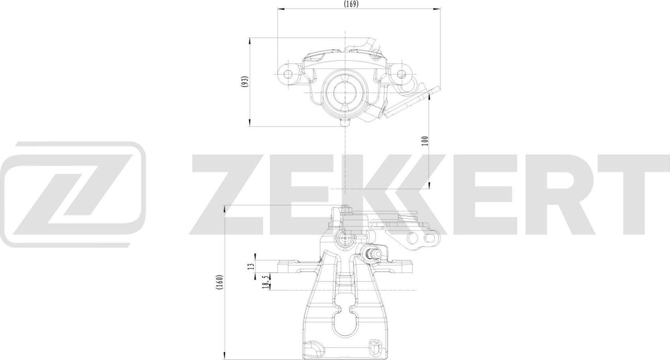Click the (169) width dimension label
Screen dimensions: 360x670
tap(352, 4)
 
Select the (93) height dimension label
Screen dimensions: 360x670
tap(244, 82)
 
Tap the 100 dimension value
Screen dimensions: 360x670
tap(425, 141)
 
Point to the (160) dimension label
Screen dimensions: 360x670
tap(219, 282)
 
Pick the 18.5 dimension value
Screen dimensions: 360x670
tap(266, 282)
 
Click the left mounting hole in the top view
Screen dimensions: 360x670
tap(288, 73)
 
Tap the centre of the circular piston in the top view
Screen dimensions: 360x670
tap(345, 92)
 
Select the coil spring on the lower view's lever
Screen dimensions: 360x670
tap(409, 218)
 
